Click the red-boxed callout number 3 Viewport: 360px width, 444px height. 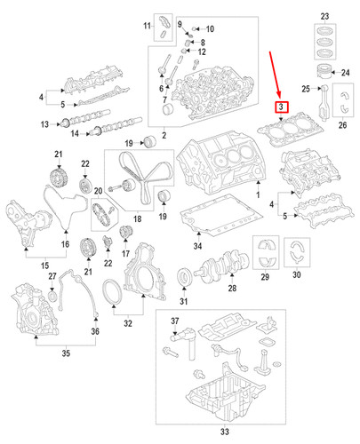point(282,107)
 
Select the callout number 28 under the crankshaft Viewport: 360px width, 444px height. point(232,289)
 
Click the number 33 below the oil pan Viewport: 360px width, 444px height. point(224,432)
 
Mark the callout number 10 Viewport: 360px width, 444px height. point(210,28)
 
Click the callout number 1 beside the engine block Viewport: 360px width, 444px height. point(258,194)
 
